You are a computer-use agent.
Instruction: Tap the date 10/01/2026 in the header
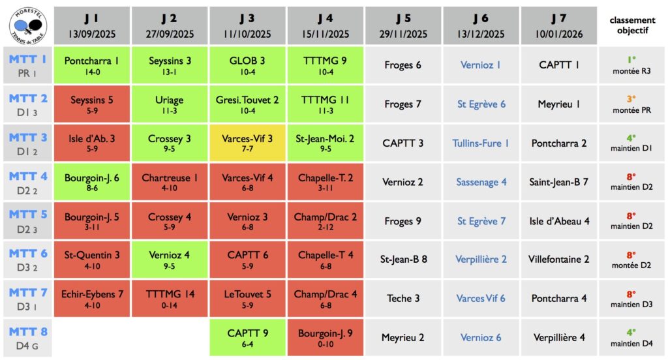(558, 34)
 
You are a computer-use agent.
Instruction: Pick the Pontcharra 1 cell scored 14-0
(91, 65)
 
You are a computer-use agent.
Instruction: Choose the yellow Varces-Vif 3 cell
(247, 143)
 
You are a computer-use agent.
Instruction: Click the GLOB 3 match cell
(247, 65)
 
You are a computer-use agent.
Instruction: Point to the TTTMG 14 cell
(170, 299)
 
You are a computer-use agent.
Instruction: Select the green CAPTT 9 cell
(247, 338)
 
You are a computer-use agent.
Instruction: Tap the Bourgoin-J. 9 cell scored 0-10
(325, 338)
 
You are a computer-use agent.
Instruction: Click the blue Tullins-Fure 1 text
(481, 143)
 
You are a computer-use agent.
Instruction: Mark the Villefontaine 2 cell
(558, 259)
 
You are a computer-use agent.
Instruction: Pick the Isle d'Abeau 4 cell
(558, 220)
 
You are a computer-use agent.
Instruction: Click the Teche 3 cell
(403, 298)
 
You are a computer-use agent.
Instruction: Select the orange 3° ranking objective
(631, 99)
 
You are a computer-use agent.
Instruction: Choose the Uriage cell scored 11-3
(170, 104)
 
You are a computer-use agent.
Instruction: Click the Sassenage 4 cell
(481, 182)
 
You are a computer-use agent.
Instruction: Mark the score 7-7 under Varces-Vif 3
(247, 149)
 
